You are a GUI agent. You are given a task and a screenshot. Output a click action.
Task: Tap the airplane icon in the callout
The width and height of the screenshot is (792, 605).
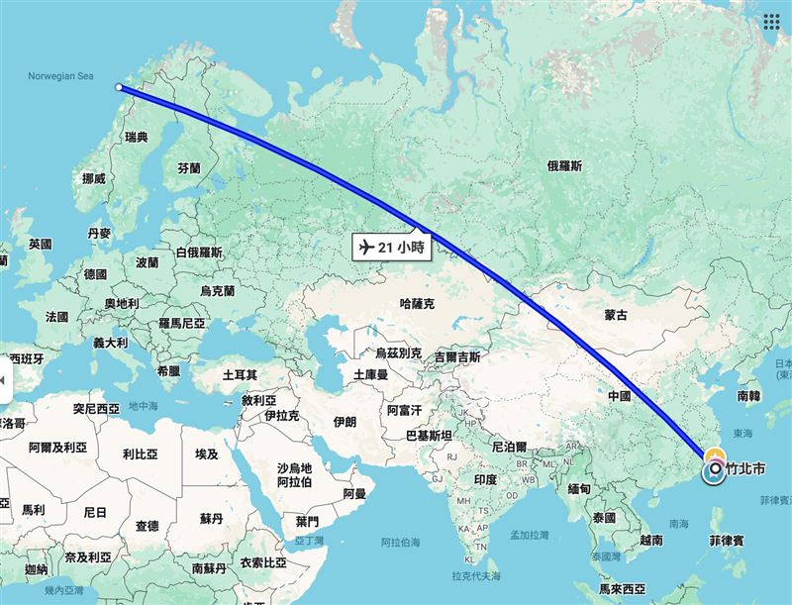click(365, 247)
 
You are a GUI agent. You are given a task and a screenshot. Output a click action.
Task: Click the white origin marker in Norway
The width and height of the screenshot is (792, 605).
click(120, 87)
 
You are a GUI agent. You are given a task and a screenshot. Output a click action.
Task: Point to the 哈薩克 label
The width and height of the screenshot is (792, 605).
click(416, 303)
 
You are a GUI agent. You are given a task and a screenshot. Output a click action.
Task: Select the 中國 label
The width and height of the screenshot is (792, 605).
click(619, 395)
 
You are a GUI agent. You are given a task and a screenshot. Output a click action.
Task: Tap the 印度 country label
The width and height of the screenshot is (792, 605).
click(485, 479)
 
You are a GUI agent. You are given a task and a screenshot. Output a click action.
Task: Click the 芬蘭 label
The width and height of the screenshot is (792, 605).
click(188, 168)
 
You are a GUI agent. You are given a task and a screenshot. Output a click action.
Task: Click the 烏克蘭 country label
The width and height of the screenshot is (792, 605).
click(217, 291)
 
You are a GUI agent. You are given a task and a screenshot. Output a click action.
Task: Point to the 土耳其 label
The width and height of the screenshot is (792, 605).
click(241, 375)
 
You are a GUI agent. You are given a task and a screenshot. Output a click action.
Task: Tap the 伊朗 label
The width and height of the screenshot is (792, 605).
click(345, 421)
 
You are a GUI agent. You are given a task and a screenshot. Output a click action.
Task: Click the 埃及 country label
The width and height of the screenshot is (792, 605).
click(206, 454)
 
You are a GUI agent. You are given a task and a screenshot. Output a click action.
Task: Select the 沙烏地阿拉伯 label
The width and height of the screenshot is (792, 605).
click(295, 474)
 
